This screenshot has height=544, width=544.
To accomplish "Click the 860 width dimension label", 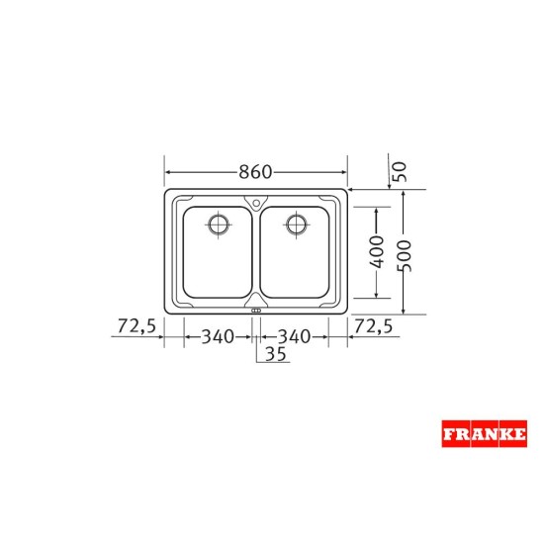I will point(255,170).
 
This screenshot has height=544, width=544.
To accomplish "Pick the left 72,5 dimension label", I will point(137,325).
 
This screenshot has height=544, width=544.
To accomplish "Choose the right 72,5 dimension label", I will point(374,325).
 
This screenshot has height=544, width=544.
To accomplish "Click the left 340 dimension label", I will point(218,336).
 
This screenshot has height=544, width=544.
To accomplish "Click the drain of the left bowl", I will point(218,223).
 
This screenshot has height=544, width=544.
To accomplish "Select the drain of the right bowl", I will point(295,223).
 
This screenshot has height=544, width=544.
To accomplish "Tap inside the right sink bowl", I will point(297,262).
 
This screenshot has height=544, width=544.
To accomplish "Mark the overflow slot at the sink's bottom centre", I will point(256,311).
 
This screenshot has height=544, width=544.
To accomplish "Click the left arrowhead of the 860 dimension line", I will point(167,170).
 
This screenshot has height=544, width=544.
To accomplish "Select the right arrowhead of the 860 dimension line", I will point(345,170).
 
